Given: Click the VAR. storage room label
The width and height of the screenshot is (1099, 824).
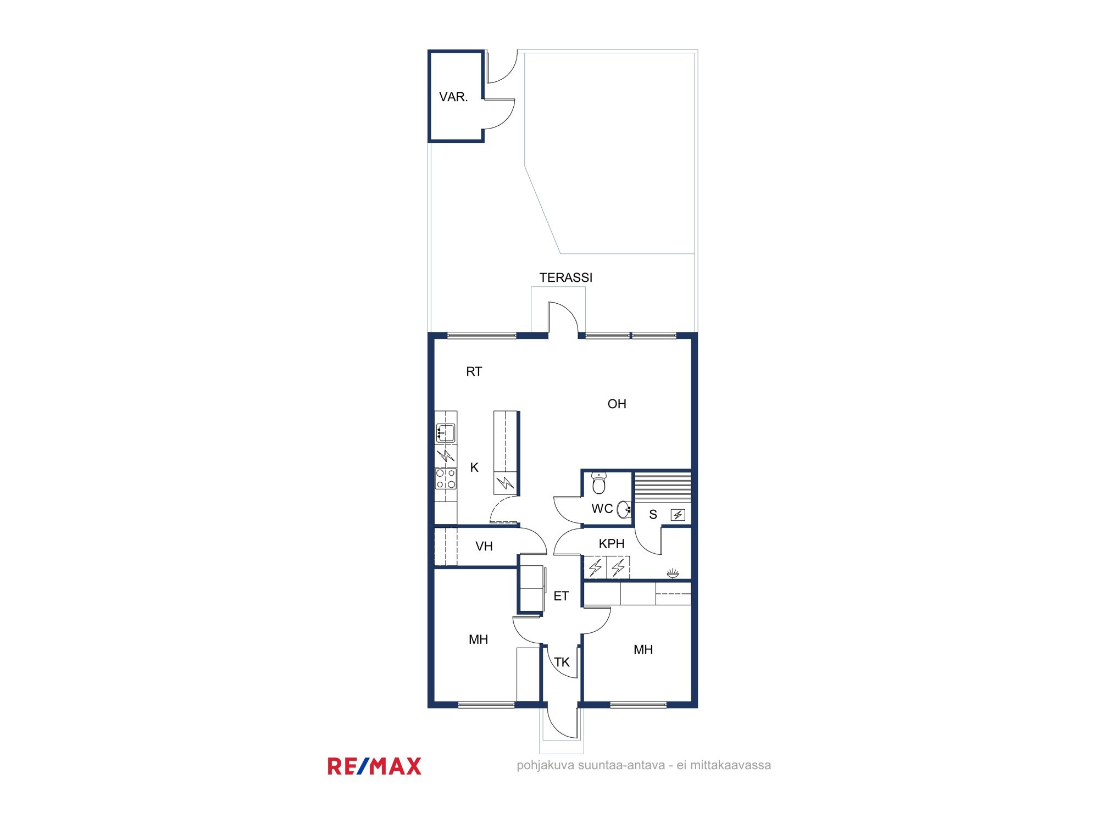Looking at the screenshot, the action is (453, 97).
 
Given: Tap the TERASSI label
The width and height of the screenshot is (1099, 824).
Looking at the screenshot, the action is (566, 278).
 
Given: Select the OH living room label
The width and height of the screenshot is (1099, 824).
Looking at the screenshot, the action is (617, 404).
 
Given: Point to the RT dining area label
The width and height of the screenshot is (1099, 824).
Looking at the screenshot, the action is (474, 372).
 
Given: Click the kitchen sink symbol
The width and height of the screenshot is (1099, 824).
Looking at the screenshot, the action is (445, 433).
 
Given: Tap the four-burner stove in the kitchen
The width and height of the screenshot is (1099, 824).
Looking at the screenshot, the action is (446, 478).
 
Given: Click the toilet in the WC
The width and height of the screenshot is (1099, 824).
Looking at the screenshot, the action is (599, 483).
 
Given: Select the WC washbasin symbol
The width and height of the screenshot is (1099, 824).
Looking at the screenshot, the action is (624, 509).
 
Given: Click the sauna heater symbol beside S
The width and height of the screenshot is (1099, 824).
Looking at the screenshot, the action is (678, 515).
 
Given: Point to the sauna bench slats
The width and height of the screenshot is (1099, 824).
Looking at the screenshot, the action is (663, 486).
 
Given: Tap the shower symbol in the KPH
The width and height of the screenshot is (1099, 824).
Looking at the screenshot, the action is (673, 574).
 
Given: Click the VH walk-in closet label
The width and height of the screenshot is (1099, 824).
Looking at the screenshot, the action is (484, 547).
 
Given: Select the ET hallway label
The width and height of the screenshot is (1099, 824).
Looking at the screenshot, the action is (561, 597).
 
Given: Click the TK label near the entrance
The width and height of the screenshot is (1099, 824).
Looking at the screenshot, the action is (562, 662).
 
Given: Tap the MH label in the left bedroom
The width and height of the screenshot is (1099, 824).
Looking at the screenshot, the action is (478, 640).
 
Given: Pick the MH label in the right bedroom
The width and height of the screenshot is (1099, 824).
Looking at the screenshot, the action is (643, 650).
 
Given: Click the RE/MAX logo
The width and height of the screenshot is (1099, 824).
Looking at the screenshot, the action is (374, 766).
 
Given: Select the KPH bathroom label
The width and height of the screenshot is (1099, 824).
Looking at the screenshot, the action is (612, 544).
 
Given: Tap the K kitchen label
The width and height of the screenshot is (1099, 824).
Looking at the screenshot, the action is (474, 467).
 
